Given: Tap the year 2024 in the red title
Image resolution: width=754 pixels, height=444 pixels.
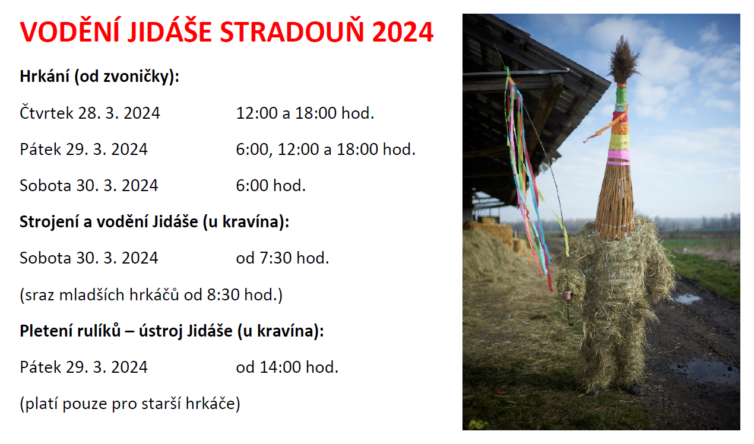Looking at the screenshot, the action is pos(403,32).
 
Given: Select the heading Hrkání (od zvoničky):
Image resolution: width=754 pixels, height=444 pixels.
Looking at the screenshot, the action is pos(99,77).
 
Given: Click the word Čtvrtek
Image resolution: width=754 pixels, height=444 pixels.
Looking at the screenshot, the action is pos(46,112).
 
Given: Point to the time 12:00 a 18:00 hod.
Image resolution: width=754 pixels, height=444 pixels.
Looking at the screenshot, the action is pos(305,113).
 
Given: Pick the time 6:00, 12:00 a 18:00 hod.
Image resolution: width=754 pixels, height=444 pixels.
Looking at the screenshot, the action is pos(326,150).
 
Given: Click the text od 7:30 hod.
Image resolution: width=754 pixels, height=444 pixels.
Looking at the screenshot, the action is pos(283,258).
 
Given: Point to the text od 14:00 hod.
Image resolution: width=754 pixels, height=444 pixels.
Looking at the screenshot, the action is pos(287,367).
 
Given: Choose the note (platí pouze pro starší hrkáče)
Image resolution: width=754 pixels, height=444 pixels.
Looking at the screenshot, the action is pos(130,404).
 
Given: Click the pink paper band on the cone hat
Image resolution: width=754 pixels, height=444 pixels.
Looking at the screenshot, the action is pos(619,157).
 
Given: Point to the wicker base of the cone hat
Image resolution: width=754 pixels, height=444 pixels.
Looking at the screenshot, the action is pos(615,202).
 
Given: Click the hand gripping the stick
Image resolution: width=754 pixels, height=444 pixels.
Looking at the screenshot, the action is pos(568,295).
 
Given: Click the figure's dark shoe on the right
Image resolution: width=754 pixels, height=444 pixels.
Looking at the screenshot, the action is pos(634,389).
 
